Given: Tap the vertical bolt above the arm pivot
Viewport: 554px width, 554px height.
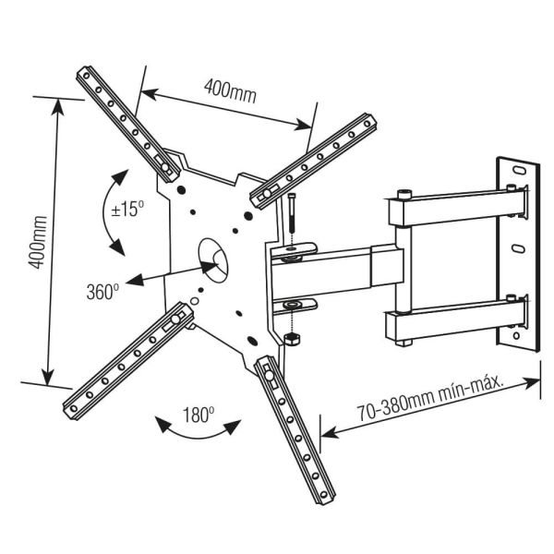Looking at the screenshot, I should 290,221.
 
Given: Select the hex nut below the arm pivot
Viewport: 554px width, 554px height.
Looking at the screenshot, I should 293,339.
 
